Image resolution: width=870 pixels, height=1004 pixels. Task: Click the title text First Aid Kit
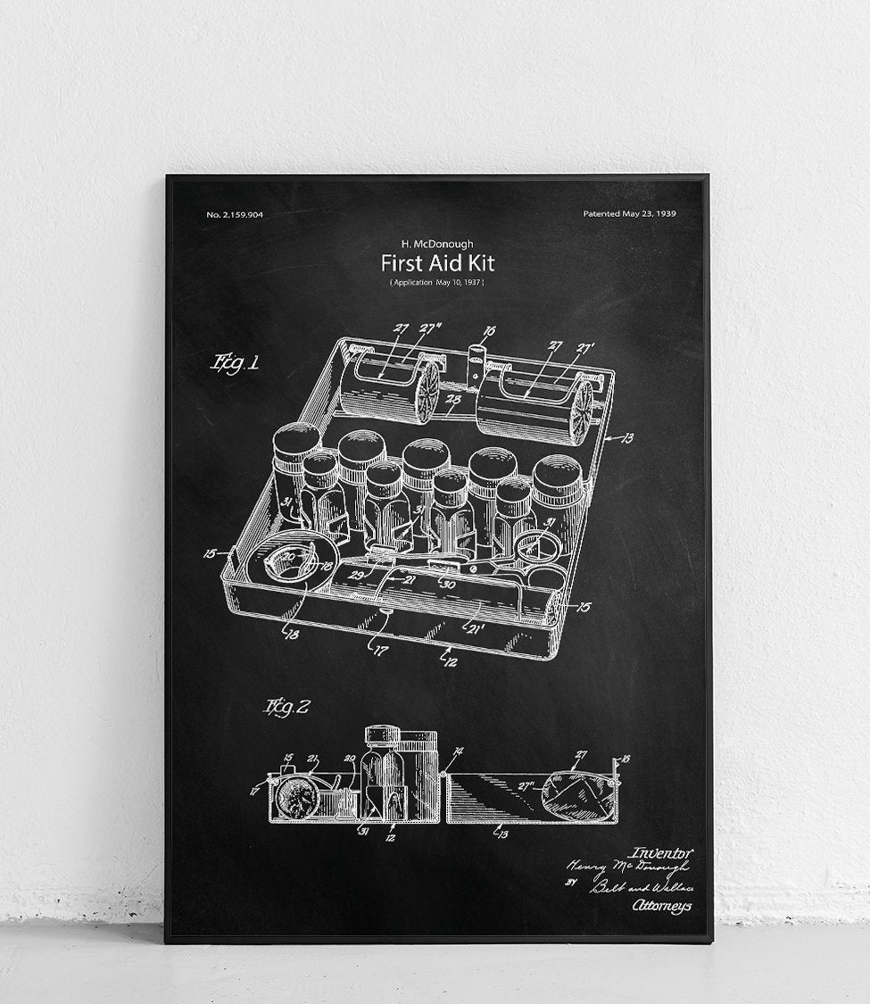(437, 263)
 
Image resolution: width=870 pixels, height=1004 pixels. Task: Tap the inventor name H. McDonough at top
(437, 243)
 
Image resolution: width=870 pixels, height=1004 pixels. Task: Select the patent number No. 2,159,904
(235, 214)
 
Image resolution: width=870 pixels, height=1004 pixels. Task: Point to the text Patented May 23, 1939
(629, 214)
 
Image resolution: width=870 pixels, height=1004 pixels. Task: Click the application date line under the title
(437, 282)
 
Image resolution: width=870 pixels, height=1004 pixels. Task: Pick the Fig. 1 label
(235, 363)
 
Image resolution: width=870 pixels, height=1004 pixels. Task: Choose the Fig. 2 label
(286, 708)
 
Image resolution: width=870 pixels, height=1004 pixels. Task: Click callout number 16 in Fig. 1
(488, 331)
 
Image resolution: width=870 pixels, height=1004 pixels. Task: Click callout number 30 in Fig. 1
(449, 585)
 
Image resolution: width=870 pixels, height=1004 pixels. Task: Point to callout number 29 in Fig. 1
(357, 576)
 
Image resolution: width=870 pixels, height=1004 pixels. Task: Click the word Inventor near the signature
(660, 853)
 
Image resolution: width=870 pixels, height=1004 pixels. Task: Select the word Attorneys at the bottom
(661, 906)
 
